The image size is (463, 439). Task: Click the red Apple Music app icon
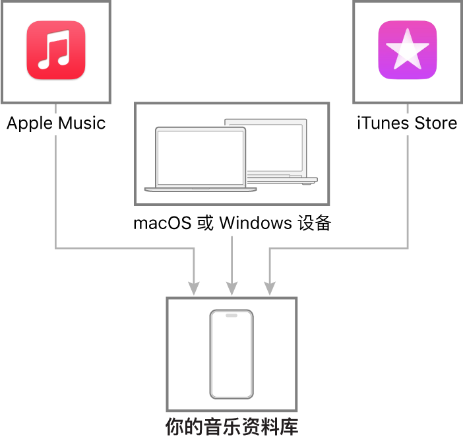click(x=56, y=50)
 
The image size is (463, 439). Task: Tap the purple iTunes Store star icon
click(x=407, y=50)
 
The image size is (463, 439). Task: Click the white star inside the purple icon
click(x=407, y=50)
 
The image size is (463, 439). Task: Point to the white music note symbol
click(x=54, y=51)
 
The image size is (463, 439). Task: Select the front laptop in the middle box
click(x=200, y=159)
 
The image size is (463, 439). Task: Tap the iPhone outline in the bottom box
click(x=231, y=354)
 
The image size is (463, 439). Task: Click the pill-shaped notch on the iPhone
click(x=231, y=316)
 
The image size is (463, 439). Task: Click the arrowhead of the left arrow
click(x=194, y=288)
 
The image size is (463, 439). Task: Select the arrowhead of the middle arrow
click(x=231, y=288)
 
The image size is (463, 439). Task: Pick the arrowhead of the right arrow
click(x=269, y=288)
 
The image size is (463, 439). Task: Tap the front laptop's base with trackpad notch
click(x=200, y=189)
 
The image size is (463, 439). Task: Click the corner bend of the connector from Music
click(x=55, y=248)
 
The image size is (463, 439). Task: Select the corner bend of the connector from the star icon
click(x=408, y=248)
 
